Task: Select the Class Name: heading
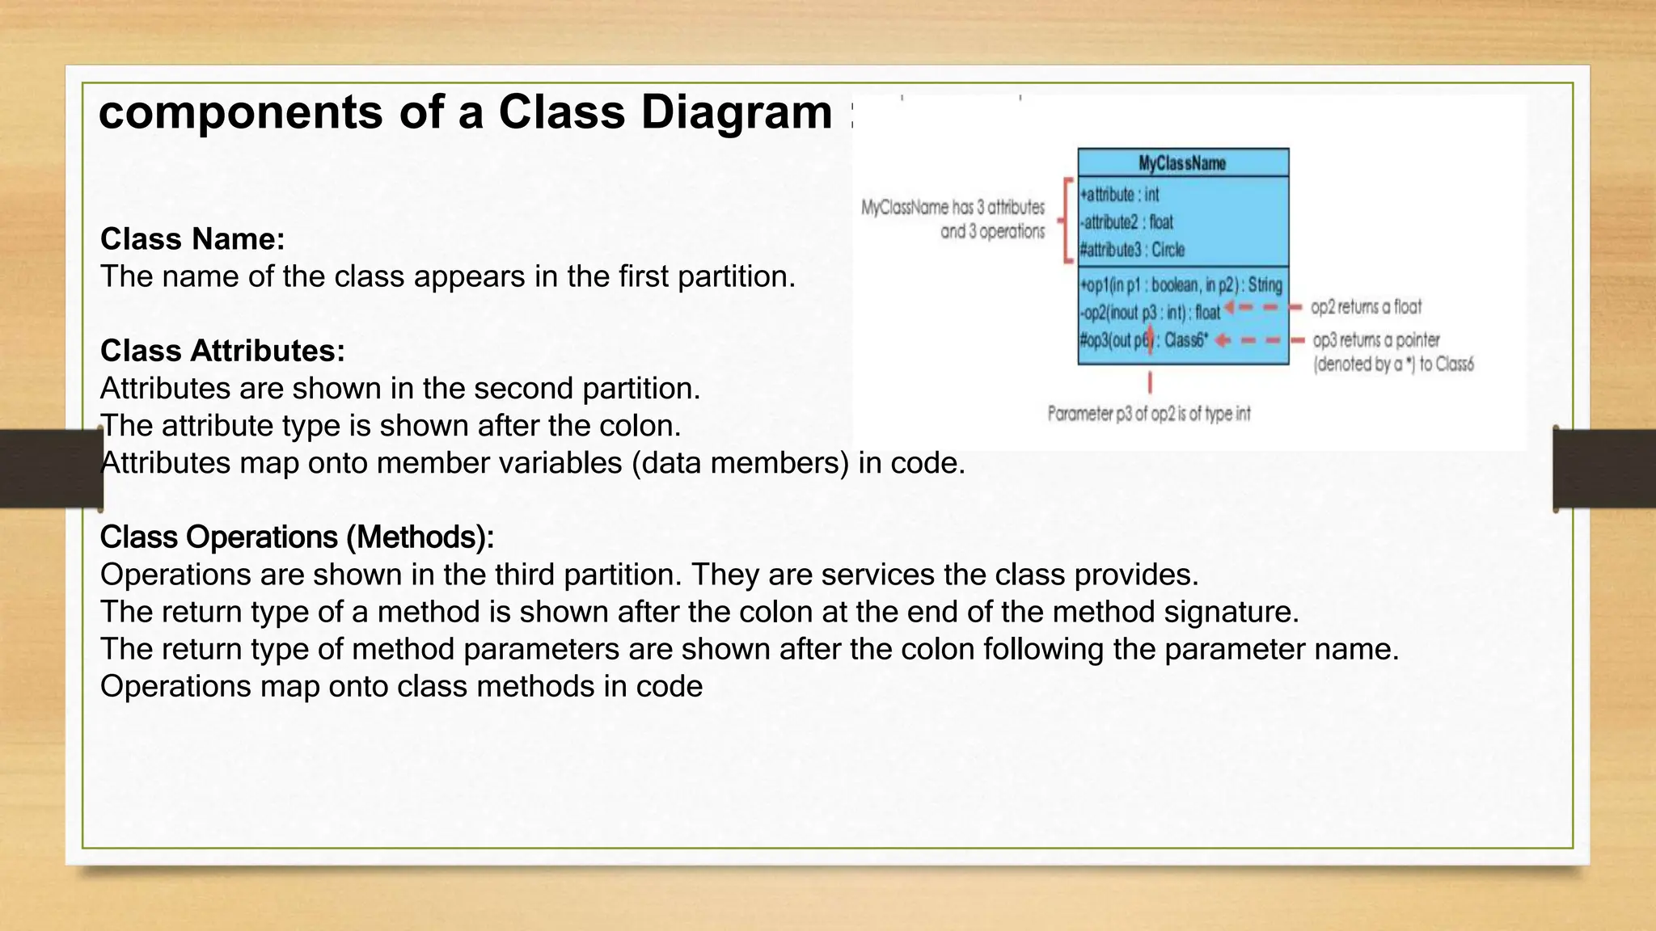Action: click(192, 239)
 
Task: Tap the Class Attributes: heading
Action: click(222, 351)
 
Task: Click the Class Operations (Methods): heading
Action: click(297, 537)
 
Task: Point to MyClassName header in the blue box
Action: click(1182, 163)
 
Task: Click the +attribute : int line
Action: click(1121, 195)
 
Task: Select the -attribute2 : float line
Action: click(1127, 222)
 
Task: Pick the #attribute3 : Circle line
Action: click(1133, 250)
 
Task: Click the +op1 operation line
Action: click(1181, 285)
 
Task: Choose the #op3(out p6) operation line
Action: click(1143, 340)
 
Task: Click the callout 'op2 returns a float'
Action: click(1366, 307)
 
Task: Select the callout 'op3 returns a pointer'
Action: click(1376, 340)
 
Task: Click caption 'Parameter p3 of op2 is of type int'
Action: click(1148, 414)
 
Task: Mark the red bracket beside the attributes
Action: click(1067, 221)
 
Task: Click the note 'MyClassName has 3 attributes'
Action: click(953, 208)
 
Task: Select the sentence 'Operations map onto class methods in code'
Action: click(401, 687)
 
